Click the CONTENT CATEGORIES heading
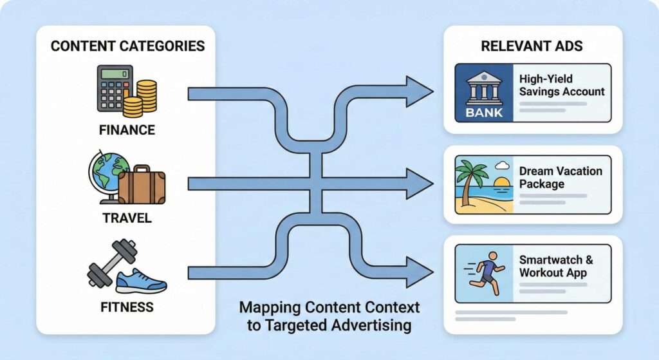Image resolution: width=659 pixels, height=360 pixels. click(x=127, y=46)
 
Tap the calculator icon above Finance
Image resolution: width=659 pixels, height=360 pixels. click(x=115, y=88)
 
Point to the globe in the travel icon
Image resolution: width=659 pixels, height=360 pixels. click(x=104, y=170)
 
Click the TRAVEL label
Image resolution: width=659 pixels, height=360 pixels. click(x=127, y=218)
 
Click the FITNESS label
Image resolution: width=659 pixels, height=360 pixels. click(x=127, y=307)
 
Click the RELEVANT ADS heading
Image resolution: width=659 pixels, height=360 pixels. click(x=533, y=46)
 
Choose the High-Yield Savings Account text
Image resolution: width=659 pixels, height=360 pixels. click(x=562, y=85)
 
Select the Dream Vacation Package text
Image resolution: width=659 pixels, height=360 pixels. click(x=561, y=178)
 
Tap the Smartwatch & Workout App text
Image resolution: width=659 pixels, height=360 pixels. click(x=556, y=266)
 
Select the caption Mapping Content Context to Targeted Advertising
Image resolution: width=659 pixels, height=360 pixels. click(x=329, y=316)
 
